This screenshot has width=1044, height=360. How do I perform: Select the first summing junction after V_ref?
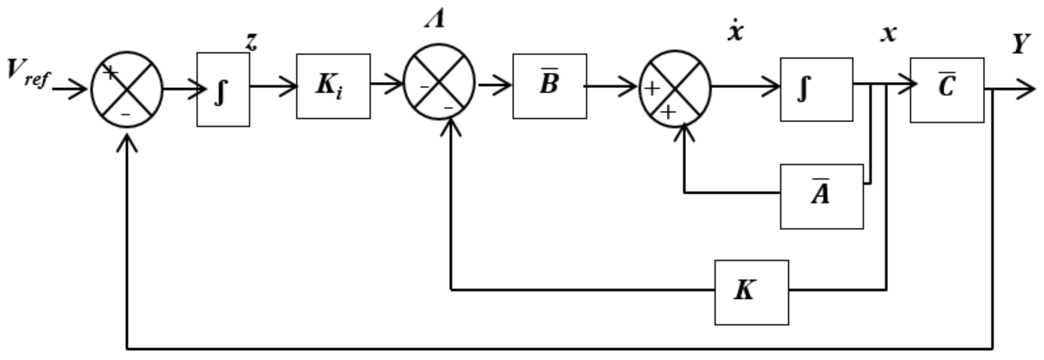click(127, 89)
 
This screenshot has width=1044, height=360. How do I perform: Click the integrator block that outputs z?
click(223, 90)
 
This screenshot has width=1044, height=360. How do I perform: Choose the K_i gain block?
click(333, 86)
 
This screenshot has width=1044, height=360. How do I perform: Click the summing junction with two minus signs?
click(439, 81)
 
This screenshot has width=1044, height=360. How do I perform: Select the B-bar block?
click(550, 86)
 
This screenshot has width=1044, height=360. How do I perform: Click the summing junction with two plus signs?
click(675, 89)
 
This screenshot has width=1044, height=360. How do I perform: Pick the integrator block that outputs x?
click(816, 89)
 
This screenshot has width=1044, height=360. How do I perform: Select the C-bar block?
click(947, 90)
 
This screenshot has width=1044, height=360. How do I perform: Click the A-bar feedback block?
click(822, 196)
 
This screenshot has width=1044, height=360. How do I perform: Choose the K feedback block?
click(751, 292)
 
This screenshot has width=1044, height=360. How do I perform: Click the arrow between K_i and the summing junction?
click(387, 84)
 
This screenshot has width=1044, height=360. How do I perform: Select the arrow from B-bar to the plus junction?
click(612, 86)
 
